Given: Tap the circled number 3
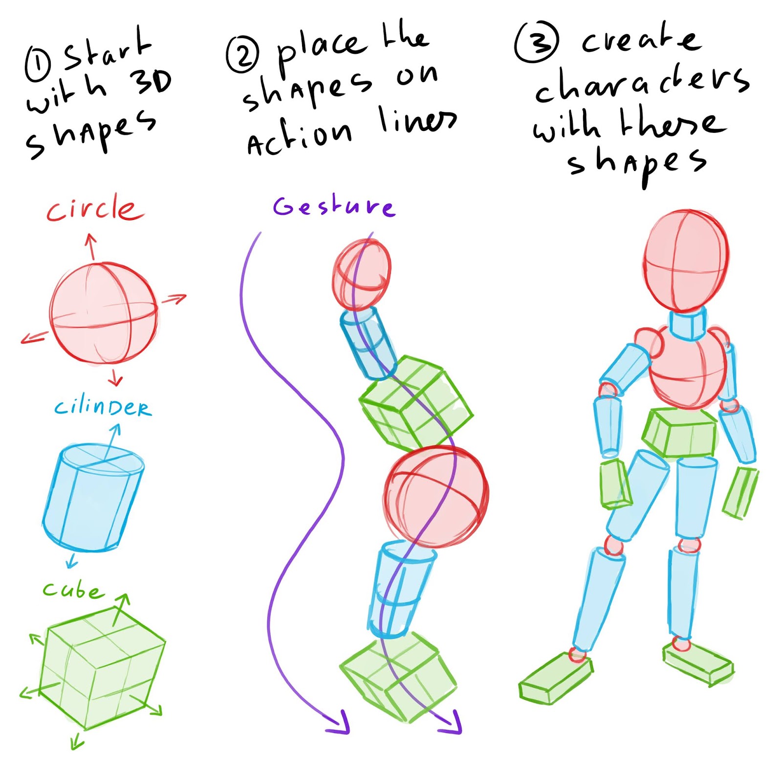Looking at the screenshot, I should coord(537,42).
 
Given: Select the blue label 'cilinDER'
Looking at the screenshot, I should coord(103,407).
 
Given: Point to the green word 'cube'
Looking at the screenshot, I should coord(73,590).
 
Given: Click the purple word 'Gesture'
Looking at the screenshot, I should coord(334,206).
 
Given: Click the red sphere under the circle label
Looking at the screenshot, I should coord(104,313).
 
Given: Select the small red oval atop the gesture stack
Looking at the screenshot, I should coord(362,274).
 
